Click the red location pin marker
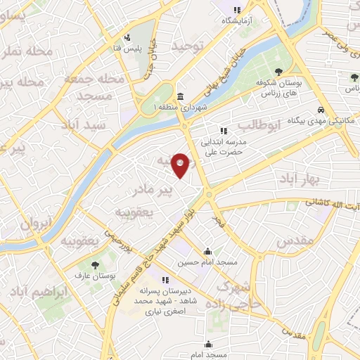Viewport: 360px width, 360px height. click(x=182, y=165)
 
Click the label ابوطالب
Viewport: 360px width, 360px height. click(x=258, y=126)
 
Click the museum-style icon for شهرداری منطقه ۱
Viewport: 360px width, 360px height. click(x=181, y=96)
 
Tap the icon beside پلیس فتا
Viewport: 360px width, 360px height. click(x=127, y=37)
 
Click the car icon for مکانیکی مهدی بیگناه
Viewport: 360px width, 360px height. click(x=321, y=110)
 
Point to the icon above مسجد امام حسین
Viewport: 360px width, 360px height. click(x=207, y=252)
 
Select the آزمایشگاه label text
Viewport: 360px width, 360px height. click(x=238, y=21)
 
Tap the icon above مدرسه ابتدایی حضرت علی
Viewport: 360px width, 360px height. click(x=223, y=130)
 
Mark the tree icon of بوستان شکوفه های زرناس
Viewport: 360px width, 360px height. click(x=280, y=71)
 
